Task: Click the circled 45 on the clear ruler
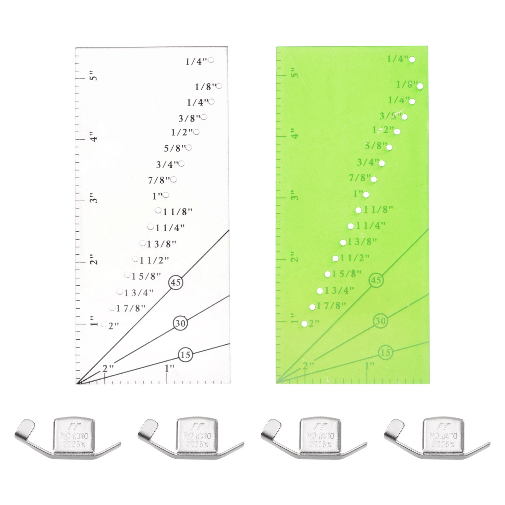(x=176, y=282)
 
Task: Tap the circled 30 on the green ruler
(x=381, y=321)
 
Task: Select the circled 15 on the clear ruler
(x=185, y=355)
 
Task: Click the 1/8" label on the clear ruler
(x=205, y=87)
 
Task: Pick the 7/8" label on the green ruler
(x=359, y=178)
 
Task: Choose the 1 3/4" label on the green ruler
(x=338, y=290)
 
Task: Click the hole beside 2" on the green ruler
(x=305, y=324)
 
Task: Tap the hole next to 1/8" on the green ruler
(x=420, y=86)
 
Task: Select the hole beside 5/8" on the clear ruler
(x=189, y=147)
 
